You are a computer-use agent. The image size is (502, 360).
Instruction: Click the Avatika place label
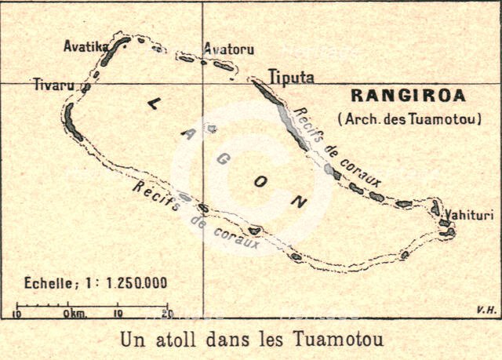point(85,46)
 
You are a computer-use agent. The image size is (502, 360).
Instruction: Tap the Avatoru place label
point(228,49)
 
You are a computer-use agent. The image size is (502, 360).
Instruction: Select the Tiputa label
point(291,78)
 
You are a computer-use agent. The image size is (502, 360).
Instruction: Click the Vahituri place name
point(466,213)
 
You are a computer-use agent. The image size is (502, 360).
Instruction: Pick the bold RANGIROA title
point(408,96)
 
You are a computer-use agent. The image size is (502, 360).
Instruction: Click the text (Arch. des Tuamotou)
point(409,119)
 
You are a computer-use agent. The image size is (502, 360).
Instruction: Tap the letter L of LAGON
point(152,104)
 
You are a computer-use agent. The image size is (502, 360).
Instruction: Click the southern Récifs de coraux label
point(196,216)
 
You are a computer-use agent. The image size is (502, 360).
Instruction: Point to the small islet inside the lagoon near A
point(210,128)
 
